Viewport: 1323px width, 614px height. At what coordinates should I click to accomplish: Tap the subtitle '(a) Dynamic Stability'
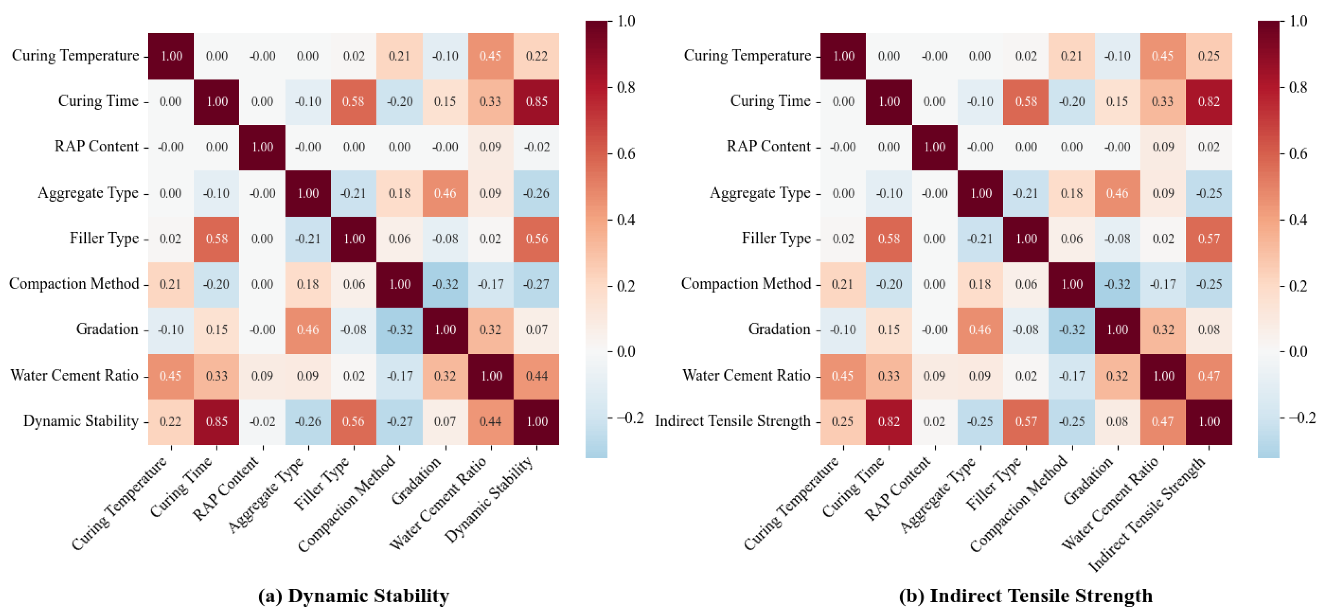tap(353, 595)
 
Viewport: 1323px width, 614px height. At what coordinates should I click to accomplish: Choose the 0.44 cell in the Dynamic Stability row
tap(491, 421)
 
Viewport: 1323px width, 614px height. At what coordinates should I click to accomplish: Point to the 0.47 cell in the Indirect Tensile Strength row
tap(1163, 421)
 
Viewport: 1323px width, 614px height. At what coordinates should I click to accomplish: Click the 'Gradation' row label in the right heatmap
tap(779, 329)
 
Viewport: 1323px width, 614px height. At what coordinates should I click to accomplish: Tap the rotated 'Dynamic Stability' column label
tap(489, 499)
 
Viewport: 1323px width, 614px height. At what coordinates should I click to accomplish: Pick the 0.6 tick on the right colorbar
tap(1298, 154)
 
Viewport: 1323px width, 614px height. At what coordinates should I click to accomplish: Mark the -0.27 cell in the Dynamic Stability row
tap(399, 421)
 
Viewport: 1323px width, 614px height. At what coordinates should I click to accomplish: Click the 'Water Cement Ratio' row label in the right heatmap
tap(746, 375)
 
